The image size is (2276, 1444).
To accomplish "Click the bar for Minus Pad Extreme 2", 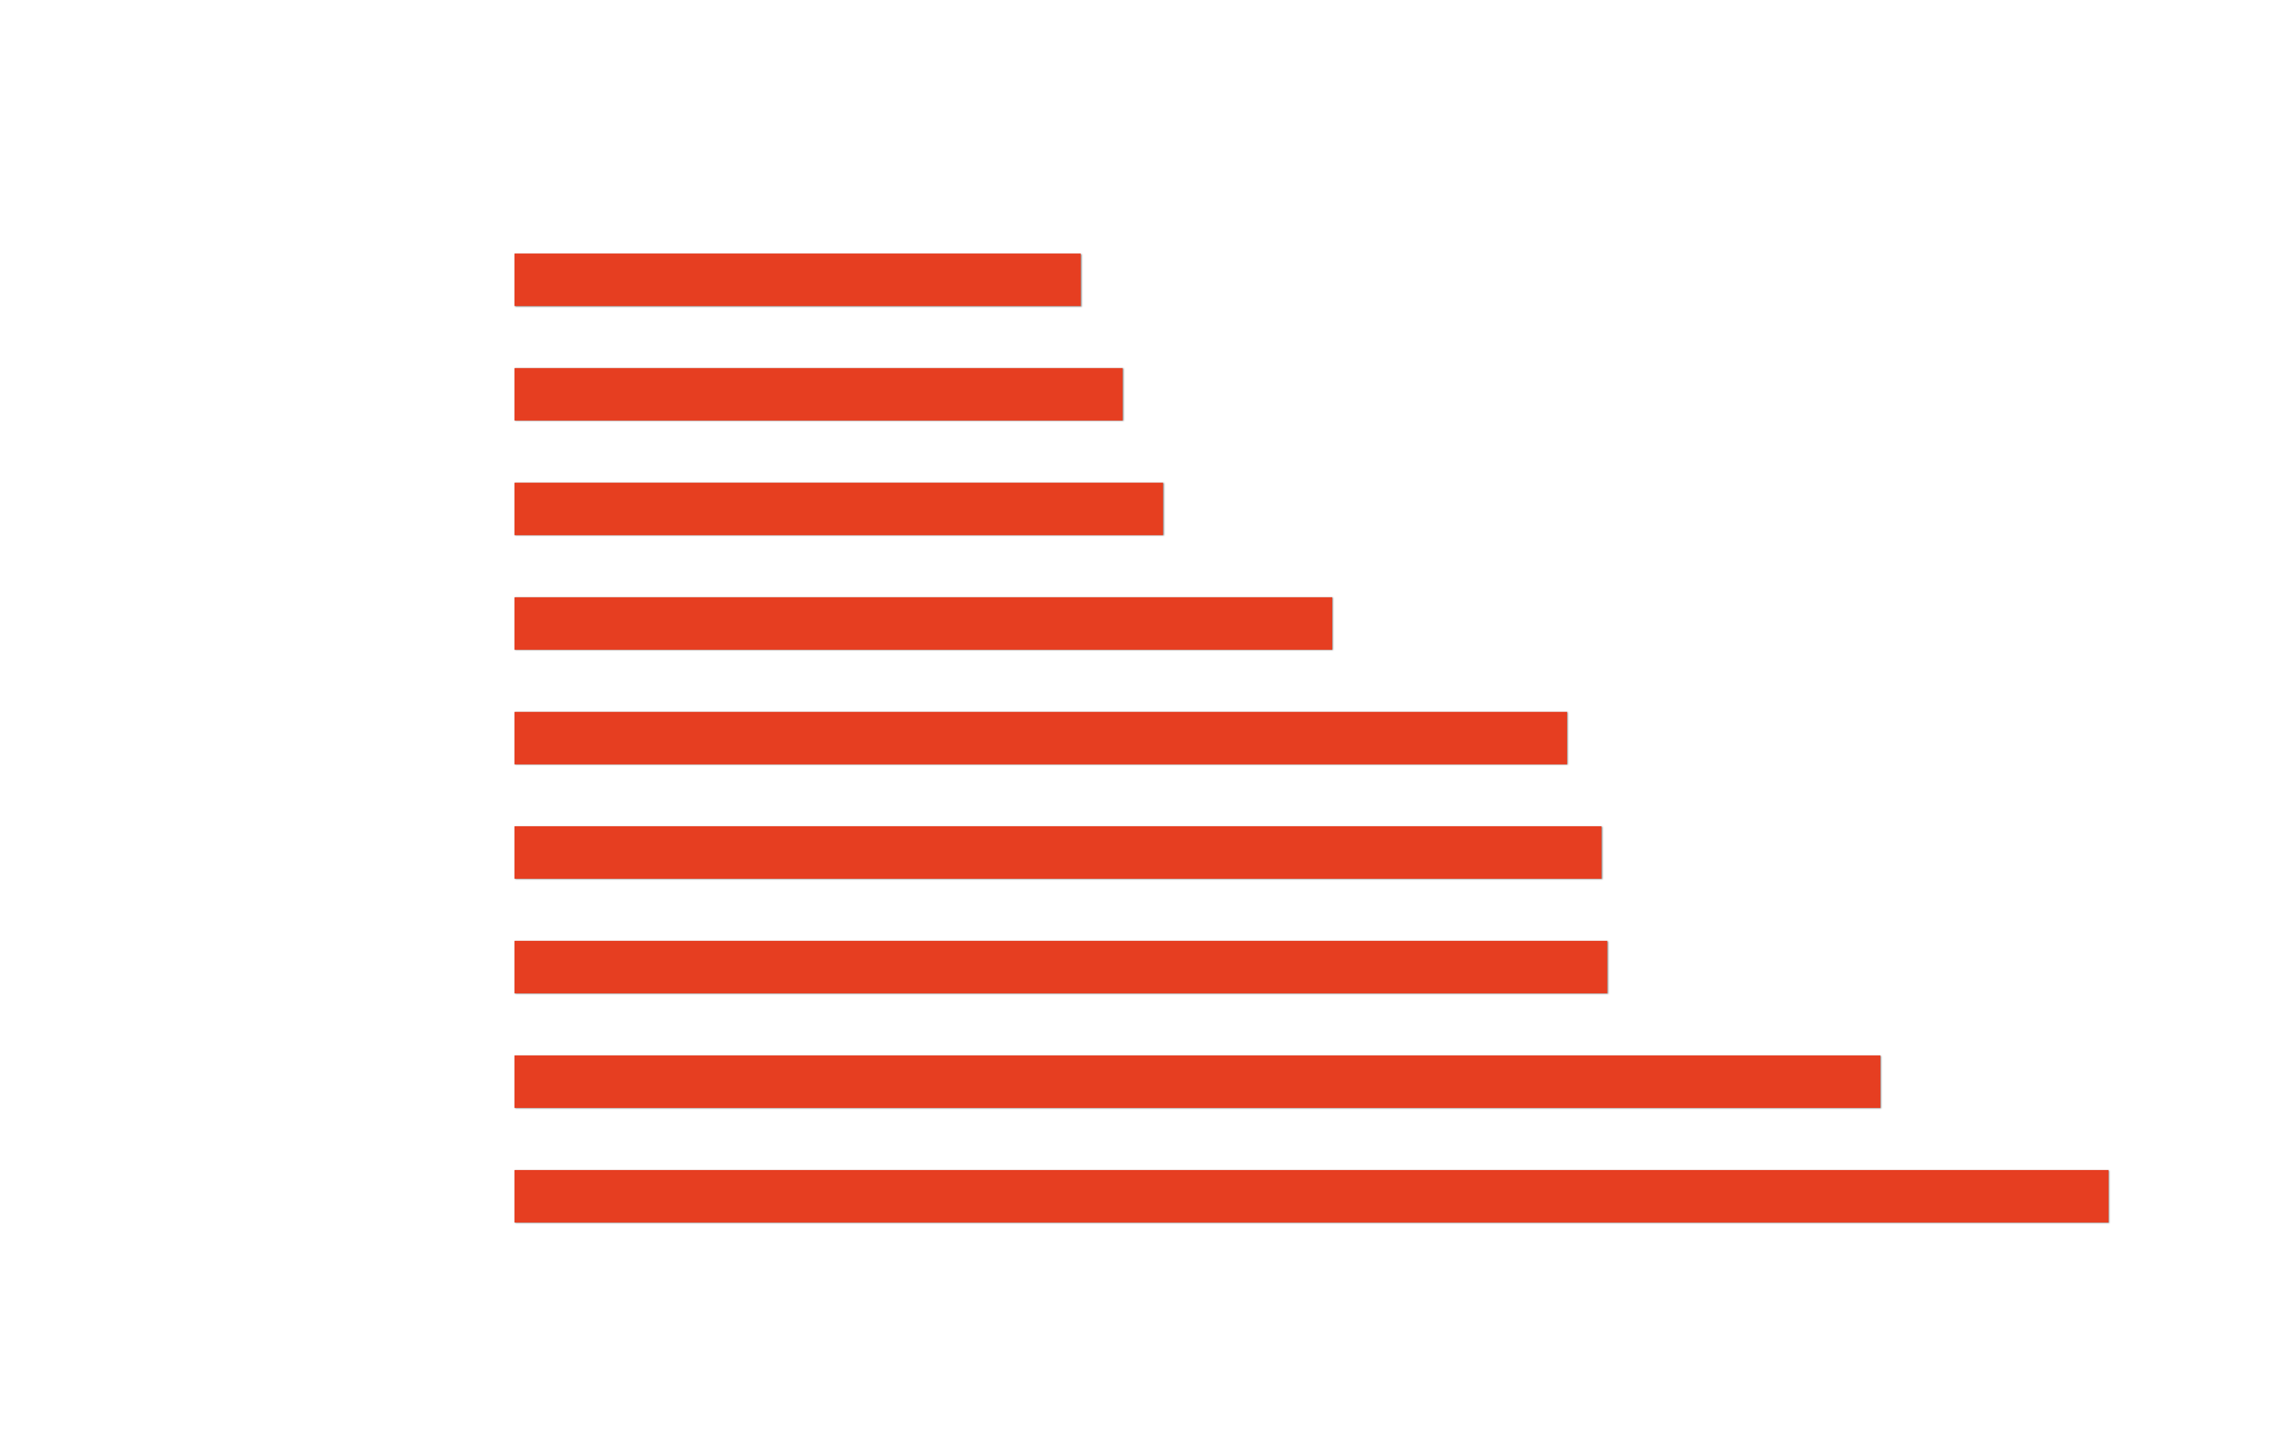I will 797,280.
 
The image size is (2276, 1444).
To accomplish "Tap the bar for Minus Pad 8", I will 1311,1196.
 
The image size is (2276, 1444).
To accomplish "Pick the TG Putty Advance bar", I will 923,623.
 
